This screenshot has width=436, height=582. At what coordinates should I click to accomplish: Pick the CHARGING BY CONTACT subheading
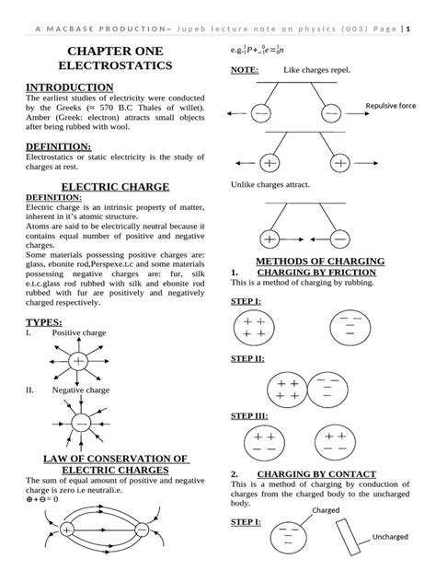pos(316,474)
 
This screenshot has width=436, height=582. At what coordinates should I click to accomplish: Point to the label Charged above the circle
pos(327,509)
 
